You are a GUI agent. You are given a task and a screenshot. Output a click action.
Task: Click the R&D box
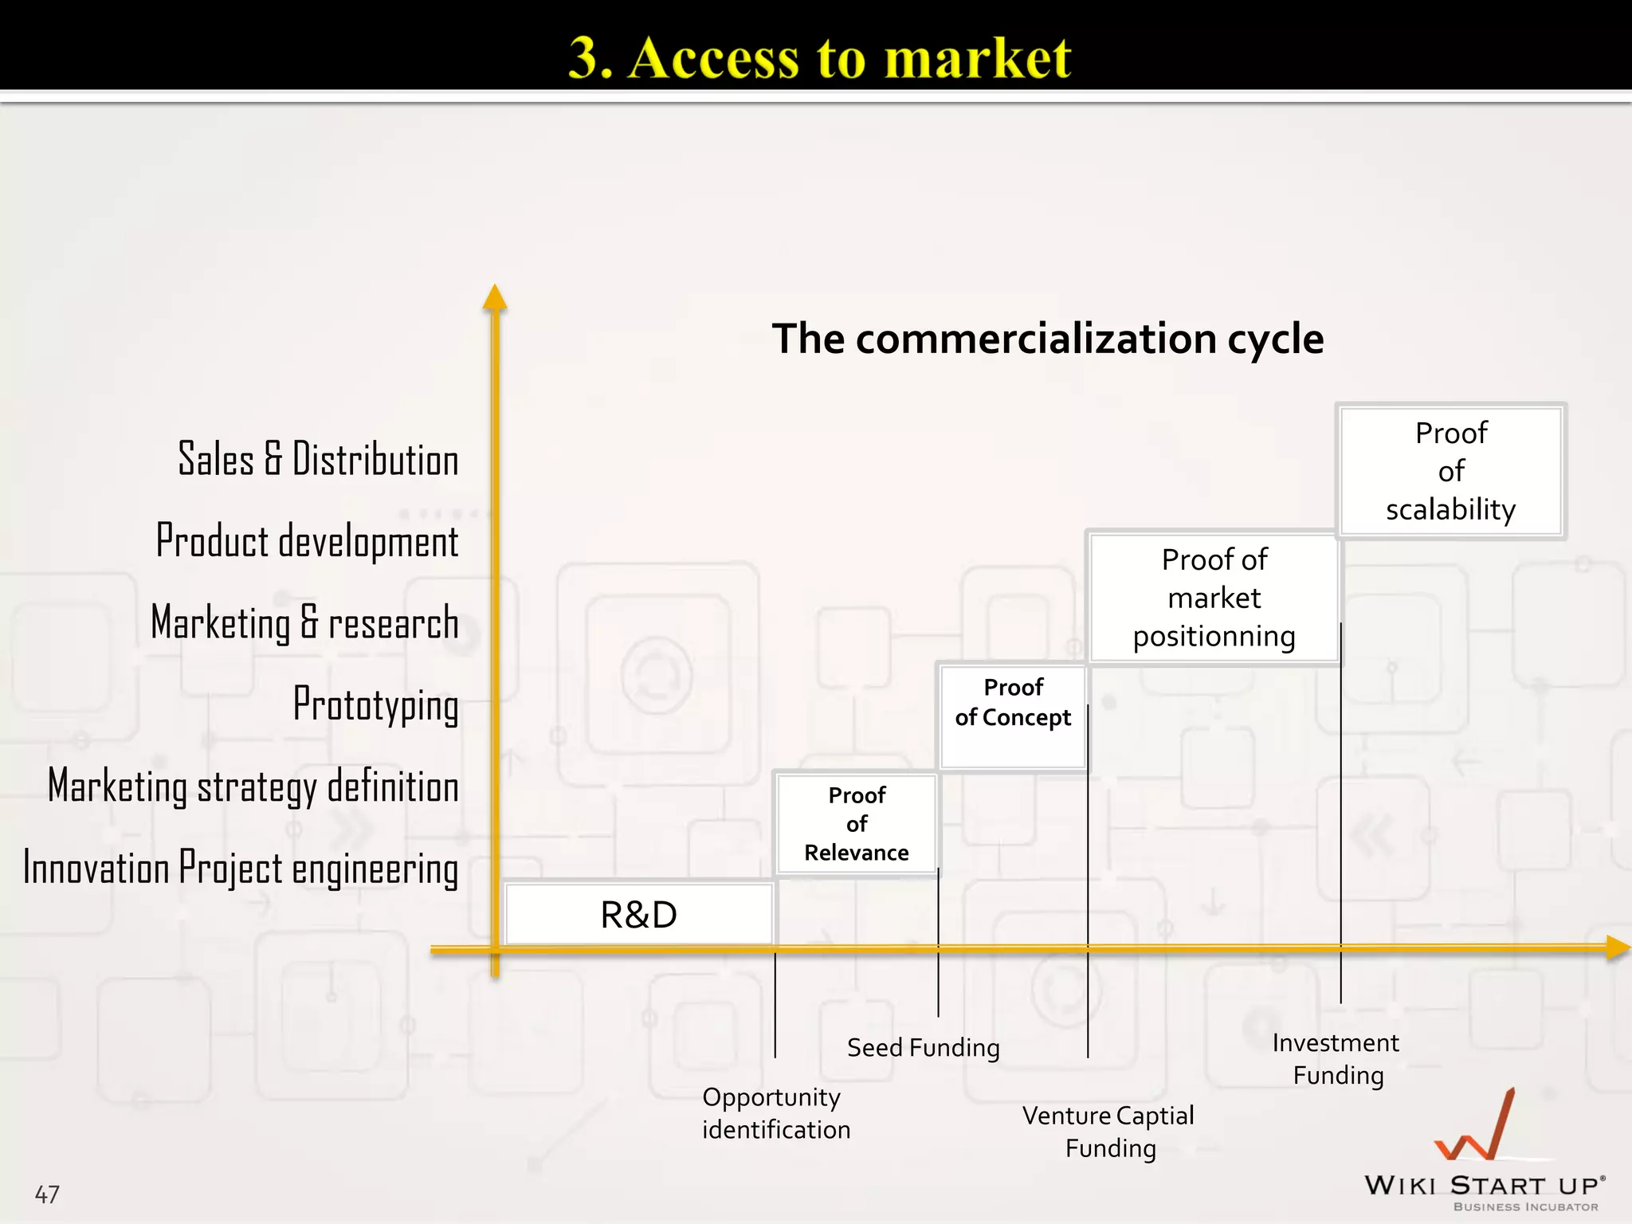pyautogui.click(x=639, y=914)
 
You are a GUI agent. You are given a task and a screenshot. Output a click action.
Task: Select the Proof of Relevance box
pyautogui.click(x=857, y=824)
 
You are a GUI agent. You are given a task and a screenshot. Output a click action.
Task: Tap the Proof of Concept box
pyautogui.click(x=1013, y=716)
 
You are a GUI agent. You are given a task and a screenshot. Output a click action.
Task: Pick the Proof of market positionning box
pyautogui.click(x=1214, y=598)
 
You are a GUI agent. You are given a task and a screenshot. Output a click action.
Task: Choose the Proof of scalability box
pyautogui.click(x=1450, y=471)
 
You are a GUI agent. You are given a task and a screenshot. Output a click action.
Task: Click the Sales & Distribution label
pyautogui.click(x=318, y=460)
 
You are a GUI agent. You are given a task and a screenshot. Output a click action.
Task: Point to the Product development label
pyautogui.click(x=308, y=541)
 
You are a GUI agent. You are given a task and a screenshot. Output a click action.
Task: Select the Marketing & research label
pyautogui.click(x=305, y=622)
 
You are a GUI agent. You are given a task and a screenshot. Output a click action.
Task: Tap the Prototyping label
pyautogui.click(x=376, y=704)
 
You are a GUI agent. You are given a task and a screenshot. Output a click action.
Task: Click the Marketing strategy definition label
pyautogui.click(x=253, y=787)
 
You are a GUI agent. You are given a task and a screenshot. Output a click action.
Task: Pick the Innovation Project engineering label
pyautogui.click(x=241, y=868)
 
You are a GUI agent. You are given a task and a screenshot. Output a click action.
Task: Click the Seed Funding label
pyautogui.click(x=923, y=1047)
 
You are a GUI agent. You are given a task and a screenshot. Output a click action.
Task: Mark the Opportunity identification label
pyautogui.click(x=776, y=1113)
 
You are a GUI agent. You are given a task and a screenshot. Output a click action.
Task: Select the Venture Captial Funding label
pyautogui.click(x=1108, y=1132)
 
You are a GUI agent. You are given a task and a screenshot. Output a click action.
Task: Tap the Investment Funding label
pyautogui.click(x=1336, y=1058)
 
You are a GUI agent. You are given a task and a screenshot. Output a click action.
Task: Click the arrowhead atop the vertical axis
pyautogui.click(x=495, y=297)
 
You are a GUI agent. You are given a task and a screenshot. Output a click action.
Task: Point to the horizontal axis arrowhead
pyautogui.click(x=1617, y=947)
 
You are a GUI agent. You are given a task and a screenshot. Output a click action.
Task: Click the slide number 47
pyautogui.click(x=47, y=1194)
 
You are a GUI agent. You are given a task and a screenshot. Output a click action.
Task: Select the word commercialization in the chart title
pyautogui.click(x=1036, y=339)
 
